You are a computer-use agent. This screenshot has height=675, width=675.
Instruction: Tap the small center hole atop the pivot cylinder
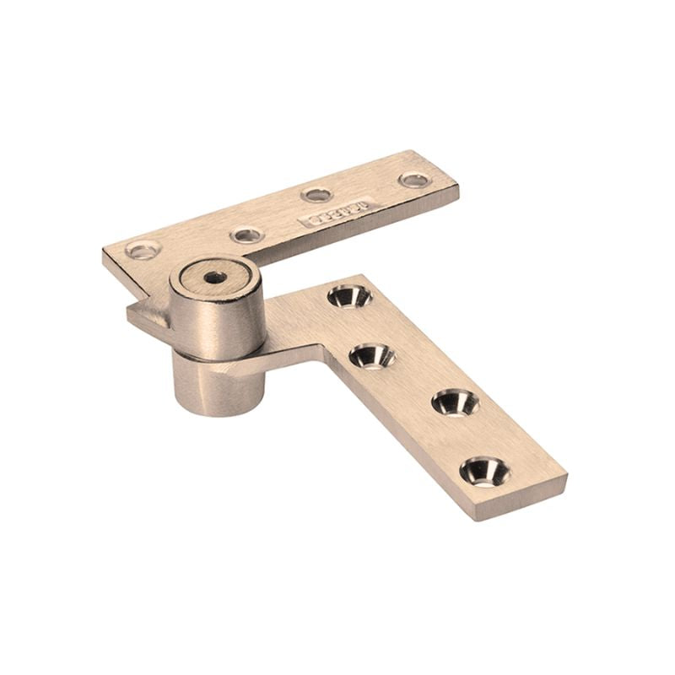[214, 277]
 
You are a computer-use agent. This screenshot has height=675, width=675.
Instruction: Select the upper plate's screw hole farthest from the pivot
[414, 179]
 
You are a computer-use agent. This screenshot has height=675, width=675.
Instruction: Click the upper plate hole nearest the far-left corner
[143, 250]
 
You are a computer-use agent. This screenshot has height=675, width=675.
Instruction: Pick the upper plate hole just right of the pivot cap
[246, 235]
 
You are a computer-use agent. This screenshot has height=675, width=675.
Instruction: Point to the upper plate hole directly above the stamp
[316, 194]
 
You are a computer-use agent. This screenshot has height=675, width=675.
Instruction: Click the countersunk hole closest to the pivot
[349, 296]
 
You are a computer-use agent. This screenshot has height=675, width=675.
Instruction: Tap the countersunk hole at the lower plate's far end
[484, 470]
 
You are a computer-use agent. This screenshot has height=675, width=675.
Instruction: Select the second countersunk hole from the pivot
[372, 355]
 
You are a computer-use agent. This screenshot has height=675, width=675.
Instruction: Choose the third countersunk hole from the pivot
[455, 402]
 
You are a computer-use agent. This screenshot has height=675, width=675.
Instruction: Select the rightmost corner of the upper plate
[458, 187]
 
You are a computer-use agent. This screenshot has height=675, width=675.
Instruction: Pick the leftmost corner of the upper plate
[104, 251]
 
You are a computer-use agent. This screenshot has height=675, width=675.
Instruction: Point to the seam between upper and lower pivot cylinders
[218, 354]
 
